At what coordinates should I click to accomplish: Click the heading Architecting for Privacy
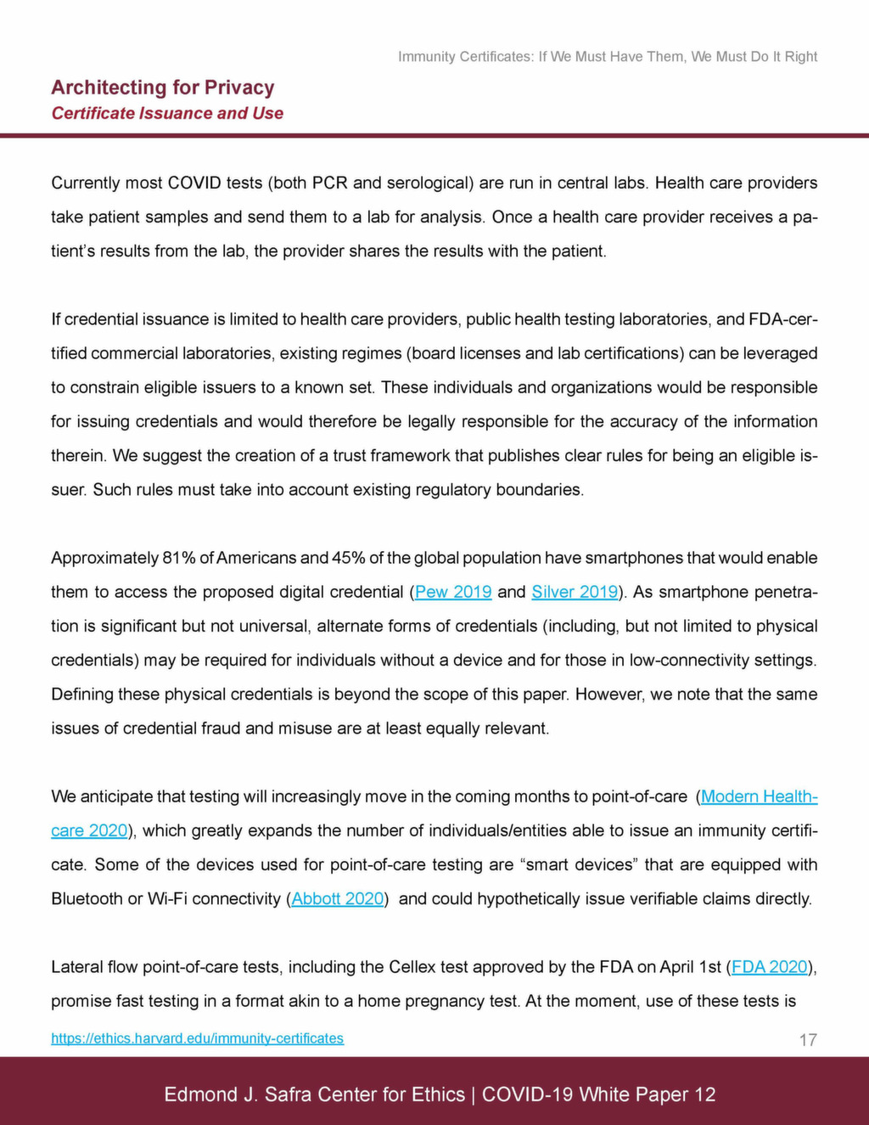(162, 87)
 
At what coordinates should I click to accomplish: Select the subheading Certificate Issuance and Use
(167, 113)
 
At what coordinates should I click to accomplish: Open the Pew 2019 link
(453, 592)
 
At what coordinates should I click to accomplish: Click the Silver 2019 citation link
(575, 592)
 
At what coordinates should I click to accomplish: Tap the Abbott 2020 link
(338, 898)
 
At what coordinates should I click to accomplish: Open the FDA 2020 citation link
(769, 966)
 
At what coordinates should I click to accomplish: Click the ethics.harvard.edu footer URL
(197, 1038)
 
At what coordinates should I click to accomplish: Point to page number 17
(808, 1039)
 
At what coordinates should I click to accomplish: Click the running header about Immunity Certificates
(608, 57)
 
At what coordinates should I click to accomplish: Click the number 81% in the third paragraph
(179, 558)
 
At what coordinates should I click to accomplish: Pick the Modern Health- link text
(759, 796)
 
